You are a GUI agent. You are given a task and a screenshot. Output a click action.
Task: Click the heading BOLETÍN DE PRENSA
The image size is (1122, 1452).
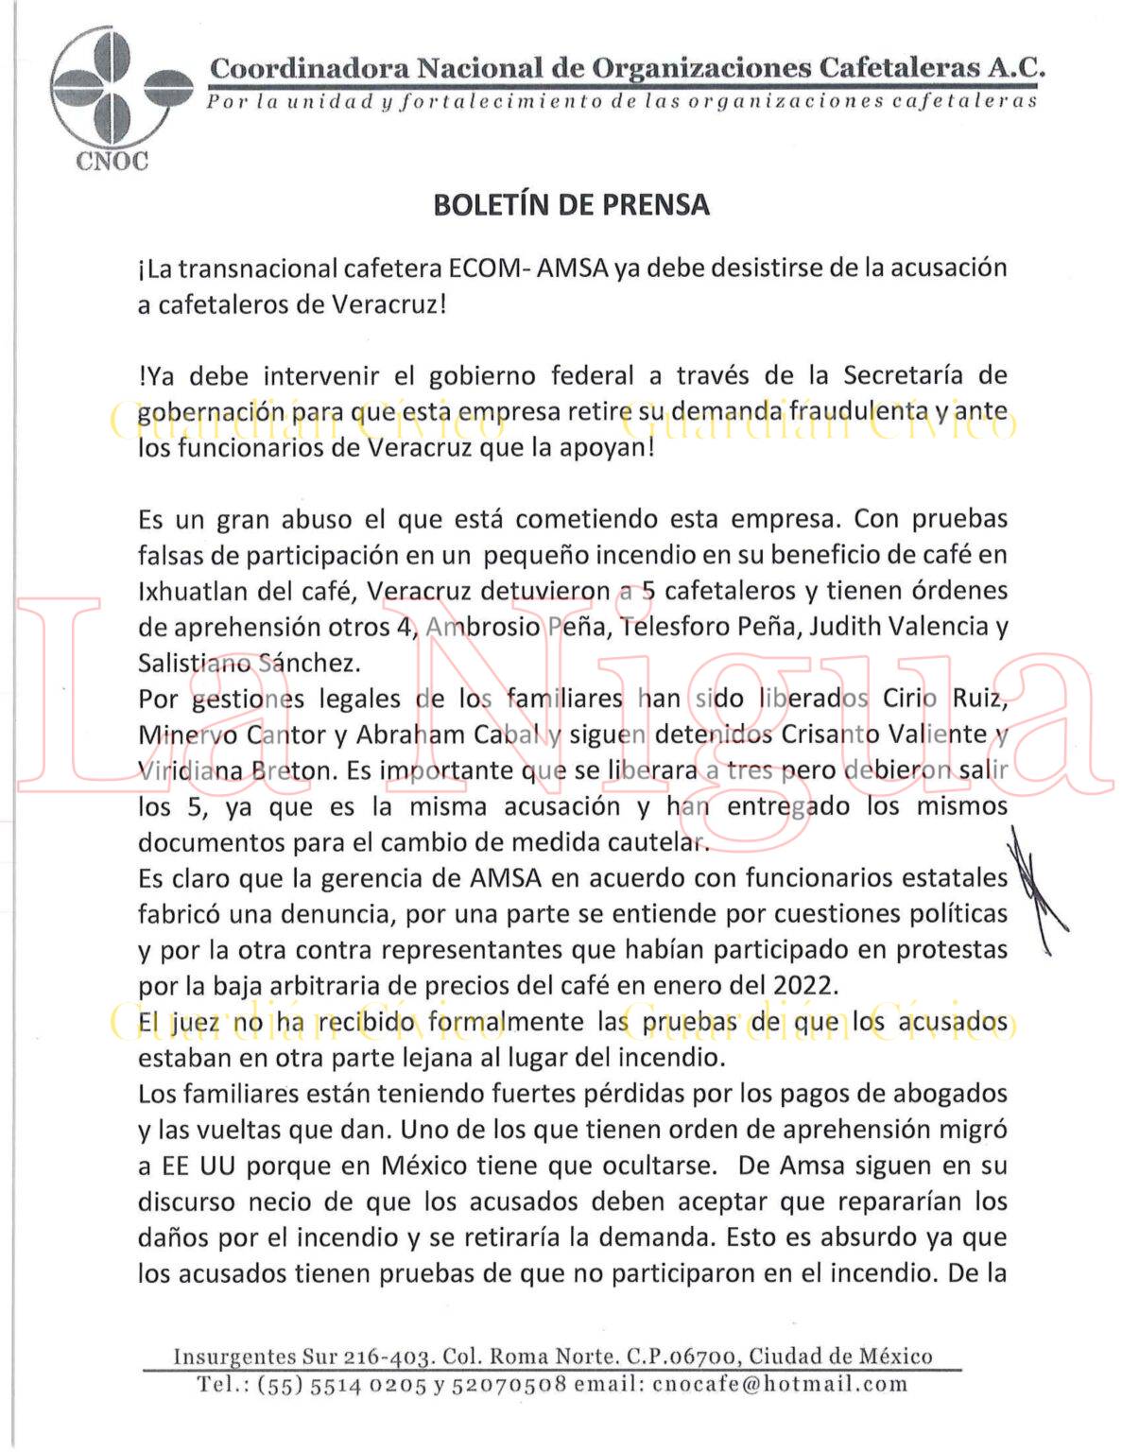[571, 205]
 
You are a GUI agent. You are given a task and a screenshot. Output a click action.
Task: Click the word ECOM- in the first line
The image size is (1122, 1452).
[487, 268]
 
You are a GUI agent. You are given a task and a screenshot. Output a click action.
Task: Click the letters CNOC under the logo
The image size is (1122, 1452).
[112, 161]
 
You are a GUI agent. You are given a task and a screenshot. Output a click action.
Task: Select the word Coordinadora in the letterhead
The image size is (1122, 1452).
[309, 69]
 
